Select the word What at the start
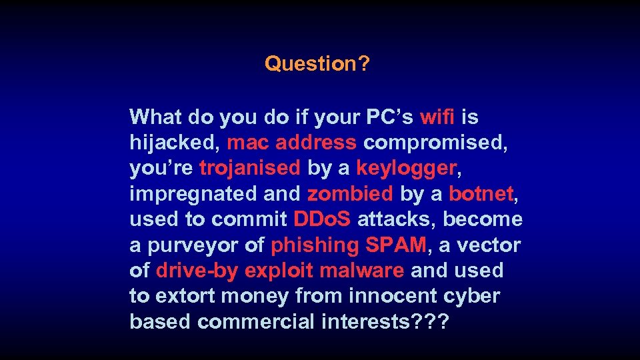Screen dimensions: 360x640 click(x=157, y=117)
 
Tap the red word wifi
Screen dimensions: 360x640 click(x=437, y=117)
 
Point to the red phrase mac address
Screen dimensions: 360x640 click(x=292, y=143)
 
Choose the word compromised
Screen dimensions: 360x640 click(x=433, y=143)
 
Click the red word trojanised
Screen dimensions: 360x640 click(x=250, y=168)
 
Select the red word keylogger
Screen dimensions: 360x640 click(x=406, y=169)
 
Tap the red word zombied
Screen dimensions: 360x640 click(x=350, y=194)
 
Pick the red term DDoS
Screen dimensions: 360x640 click(x=322, y=219)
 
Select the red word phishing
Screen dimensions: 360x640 click(x=315, y=245)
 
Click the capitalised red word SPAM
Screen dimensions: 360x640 click(x=396, y=245)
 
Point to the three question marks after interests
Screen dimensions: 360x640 click(x=432, y=321)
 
